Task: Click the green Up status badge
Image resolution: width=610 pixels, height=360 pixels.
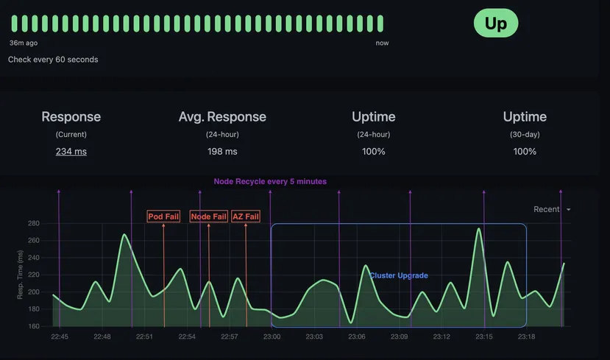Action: click(x=495, y=24)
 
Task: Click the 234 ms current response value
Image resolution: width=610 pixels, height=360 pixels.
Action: click(x=71, y=152)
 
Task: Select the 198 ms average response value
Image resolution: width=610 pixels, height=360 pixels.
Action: click(x=222, y=152)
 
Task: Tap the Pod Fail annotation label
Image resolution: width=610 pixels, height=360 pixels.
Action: click(x=164, y=216)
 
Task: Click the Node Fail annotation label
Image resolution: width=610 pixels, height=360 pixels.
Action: click(x=208, y=216)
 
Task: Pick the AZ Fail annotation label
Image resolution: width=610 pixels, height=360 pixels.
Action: click(x=246, y=216)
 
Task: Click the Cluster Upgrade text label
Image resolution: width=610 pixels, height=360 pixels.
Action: click(x=398, y=275)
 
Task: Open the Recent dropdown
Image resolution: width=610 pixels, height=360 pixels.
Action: click(x=552, y=209)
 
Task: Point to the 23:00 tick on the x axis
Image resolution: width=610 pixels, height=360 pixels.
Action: click(x=272, y=336)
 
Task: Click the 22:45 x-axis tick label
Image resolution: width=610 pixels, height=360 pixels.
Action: click(x=60, y=336)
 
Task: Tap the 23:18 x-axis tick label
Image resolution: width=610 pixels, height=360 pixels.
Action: click(x=526, y=336)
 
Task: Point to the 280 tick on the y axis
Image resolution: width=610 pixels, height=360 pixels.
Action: click(x=33, y=223)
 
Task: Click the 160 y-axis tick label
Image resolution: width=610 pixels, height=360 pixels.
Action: click(x=33, y=326)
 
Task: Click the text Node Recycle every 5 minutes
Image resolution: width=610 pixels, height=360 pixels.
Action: click(x=270, y=181)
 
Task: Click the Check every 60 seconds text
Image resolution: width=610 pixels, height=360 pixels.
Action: click(x=53, y=59)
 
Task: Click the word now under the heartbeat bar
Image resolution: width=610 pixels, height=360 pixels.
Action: click(x=382, y=43)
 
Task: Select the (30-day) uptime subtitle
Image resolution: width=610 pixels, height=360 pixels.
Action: click(x=525, y=135)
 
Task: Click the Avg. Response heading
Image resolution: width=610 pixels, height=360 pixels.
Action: click(x=222, y=117)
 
